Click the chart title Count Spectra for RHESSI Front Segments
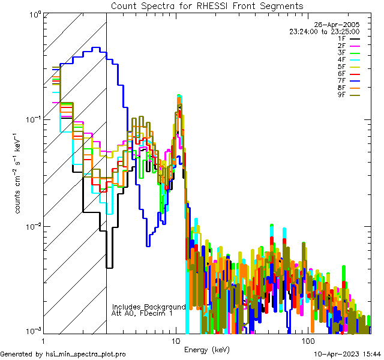pos(207,5)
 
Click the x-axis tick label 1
pos(40,341)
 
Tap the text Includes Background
pos(149,307)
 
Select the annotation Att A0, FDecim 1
pos(142,313)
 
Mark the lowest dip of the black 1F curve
pos(109,268)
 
